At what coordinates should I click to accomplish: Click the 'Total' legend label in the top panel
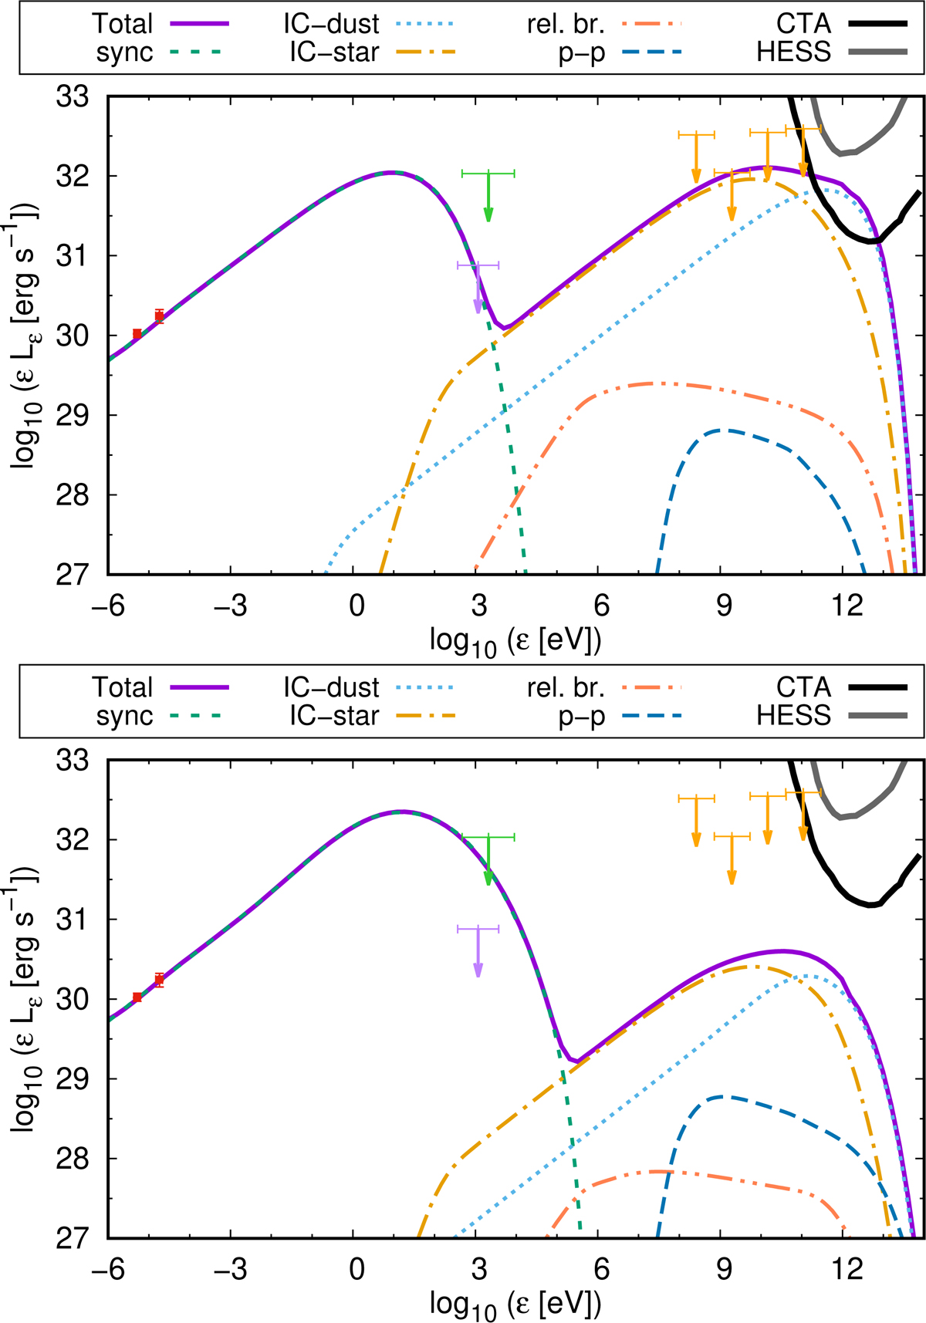(123, 24)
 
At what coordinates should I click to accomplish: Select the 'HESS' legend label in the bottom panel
(793, 716)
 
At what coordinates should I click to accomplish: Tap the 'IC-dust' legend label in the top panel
(331, 24)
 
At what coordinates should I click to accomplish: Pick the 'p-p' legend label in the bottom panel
(582, 717)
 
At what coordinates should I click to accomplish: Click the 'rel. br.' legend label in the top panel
(566, 24)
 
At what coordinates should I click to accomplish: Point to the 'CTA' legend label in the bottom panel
(803, 687)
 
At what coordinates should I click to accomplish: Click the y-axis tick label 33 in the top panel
(73, 98)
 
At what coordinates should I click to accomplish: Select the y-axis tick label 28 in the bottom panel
(73, 1159)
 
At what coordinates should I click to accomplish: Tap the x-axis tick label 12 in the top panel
(846, 606)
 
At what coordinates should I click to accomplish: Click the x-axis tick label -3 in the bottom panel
(230, 1269)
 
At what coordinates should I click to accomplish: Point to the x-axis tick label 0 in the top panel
(356, 606)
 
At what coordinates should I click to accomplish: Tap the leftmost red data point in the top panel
(137, 333)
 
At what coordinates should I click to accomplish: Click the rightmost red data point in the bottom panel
(159, 980)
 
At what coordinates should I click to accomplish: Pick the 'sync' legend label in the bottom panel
(124, 717)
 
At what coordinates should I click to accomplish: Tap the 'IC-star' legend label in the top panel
(334, 52)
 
